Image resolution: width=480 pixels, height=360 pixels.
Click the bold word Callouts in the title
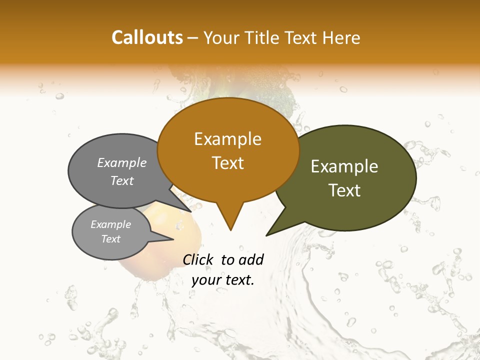pyautogui.click(x=147, y=37)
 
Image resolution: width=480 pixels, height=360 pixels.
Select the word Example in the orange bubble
pyautogui.click(x=227, y=139)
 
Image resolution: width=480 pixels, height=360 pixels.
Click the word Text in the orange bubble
pyautogui.click(x=227, y=163)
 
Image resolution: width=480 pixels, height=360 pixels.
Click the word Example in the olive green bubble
pyautogui.click(x=344, y=166)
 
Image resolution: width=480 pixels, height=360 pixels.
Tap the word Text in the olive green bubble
pyautogui.click(x=344, y=190)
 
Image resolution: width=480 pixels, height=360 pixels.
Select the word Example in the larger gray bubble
pyautogui.click(x=122, y=163)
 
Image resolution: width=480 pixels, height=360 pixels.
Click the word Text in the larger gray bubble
pyautogui.click(x=122, y=180)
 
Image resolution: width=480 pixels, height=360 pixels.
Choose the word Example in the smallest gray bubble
pyautogui.click(x=110, y=224)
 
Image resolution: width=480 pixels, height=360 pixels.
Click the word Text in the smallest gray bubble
pyautogui.click(x=110, y=239)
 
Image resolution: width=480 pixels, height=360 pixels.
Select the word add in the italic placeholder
pyautogui.click(x=250, y=259)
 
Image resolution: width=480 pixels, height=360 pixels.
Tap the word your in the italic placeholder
pyautogui.click(x=206, y=280)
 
